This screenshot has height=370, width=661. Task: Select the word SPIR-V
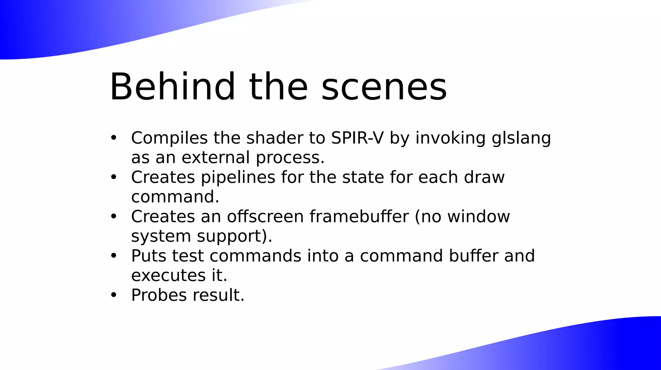[357, 138]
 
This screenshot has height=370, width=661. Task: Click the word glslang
[521, 139]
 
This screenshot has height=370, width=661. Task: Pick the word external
[216, 158]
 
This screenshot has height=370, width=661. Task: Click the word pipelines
[238, 178]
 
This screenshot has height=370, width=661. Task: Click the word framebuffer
[359, 217]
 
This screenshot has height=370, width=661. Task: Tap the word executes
[168, 276]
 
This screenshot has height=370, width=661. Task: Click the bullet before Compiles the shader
[113, 138]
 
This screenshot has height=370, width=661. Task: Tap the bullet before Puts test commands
[113, 256]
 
